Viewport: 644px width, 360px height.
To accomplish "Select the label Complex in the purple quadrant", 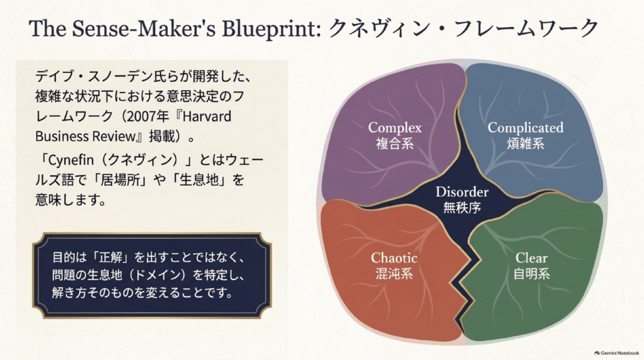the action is [395, 127].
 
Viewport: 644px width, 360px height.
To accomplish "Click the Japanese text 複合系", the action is [395, 143].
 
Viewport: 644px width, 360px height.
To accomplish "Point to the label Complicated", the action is [525, 128].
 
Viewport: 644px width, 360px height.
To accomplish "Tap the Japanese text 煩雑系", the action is [525, 143].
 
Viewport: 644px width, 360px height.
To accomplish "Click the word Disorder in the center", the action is [462, 192].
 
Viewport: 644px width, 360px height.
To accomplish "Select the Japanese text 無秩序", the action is [462, 208].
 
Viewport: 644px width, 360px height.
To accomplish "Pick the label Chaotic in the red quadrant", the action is [394, 257].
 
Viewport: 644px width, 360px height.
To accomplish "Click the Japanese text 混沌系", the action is [394, 274].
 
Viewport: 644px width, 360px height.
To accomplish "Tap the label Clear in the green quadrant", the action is [531, 257].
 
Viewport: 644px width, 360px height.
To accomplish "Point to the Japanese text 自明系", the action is [531, 274].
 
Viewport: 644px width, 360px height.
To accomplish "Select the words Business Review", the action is [85, 137].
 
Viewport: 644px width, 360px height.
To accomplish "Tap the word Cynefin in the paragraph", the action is [71, 160].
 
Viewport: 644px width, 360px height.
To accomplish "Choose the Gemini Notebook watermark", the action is [616, 353].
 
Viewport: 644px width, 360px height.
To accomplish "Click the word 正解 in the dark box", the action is [111, 257].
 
